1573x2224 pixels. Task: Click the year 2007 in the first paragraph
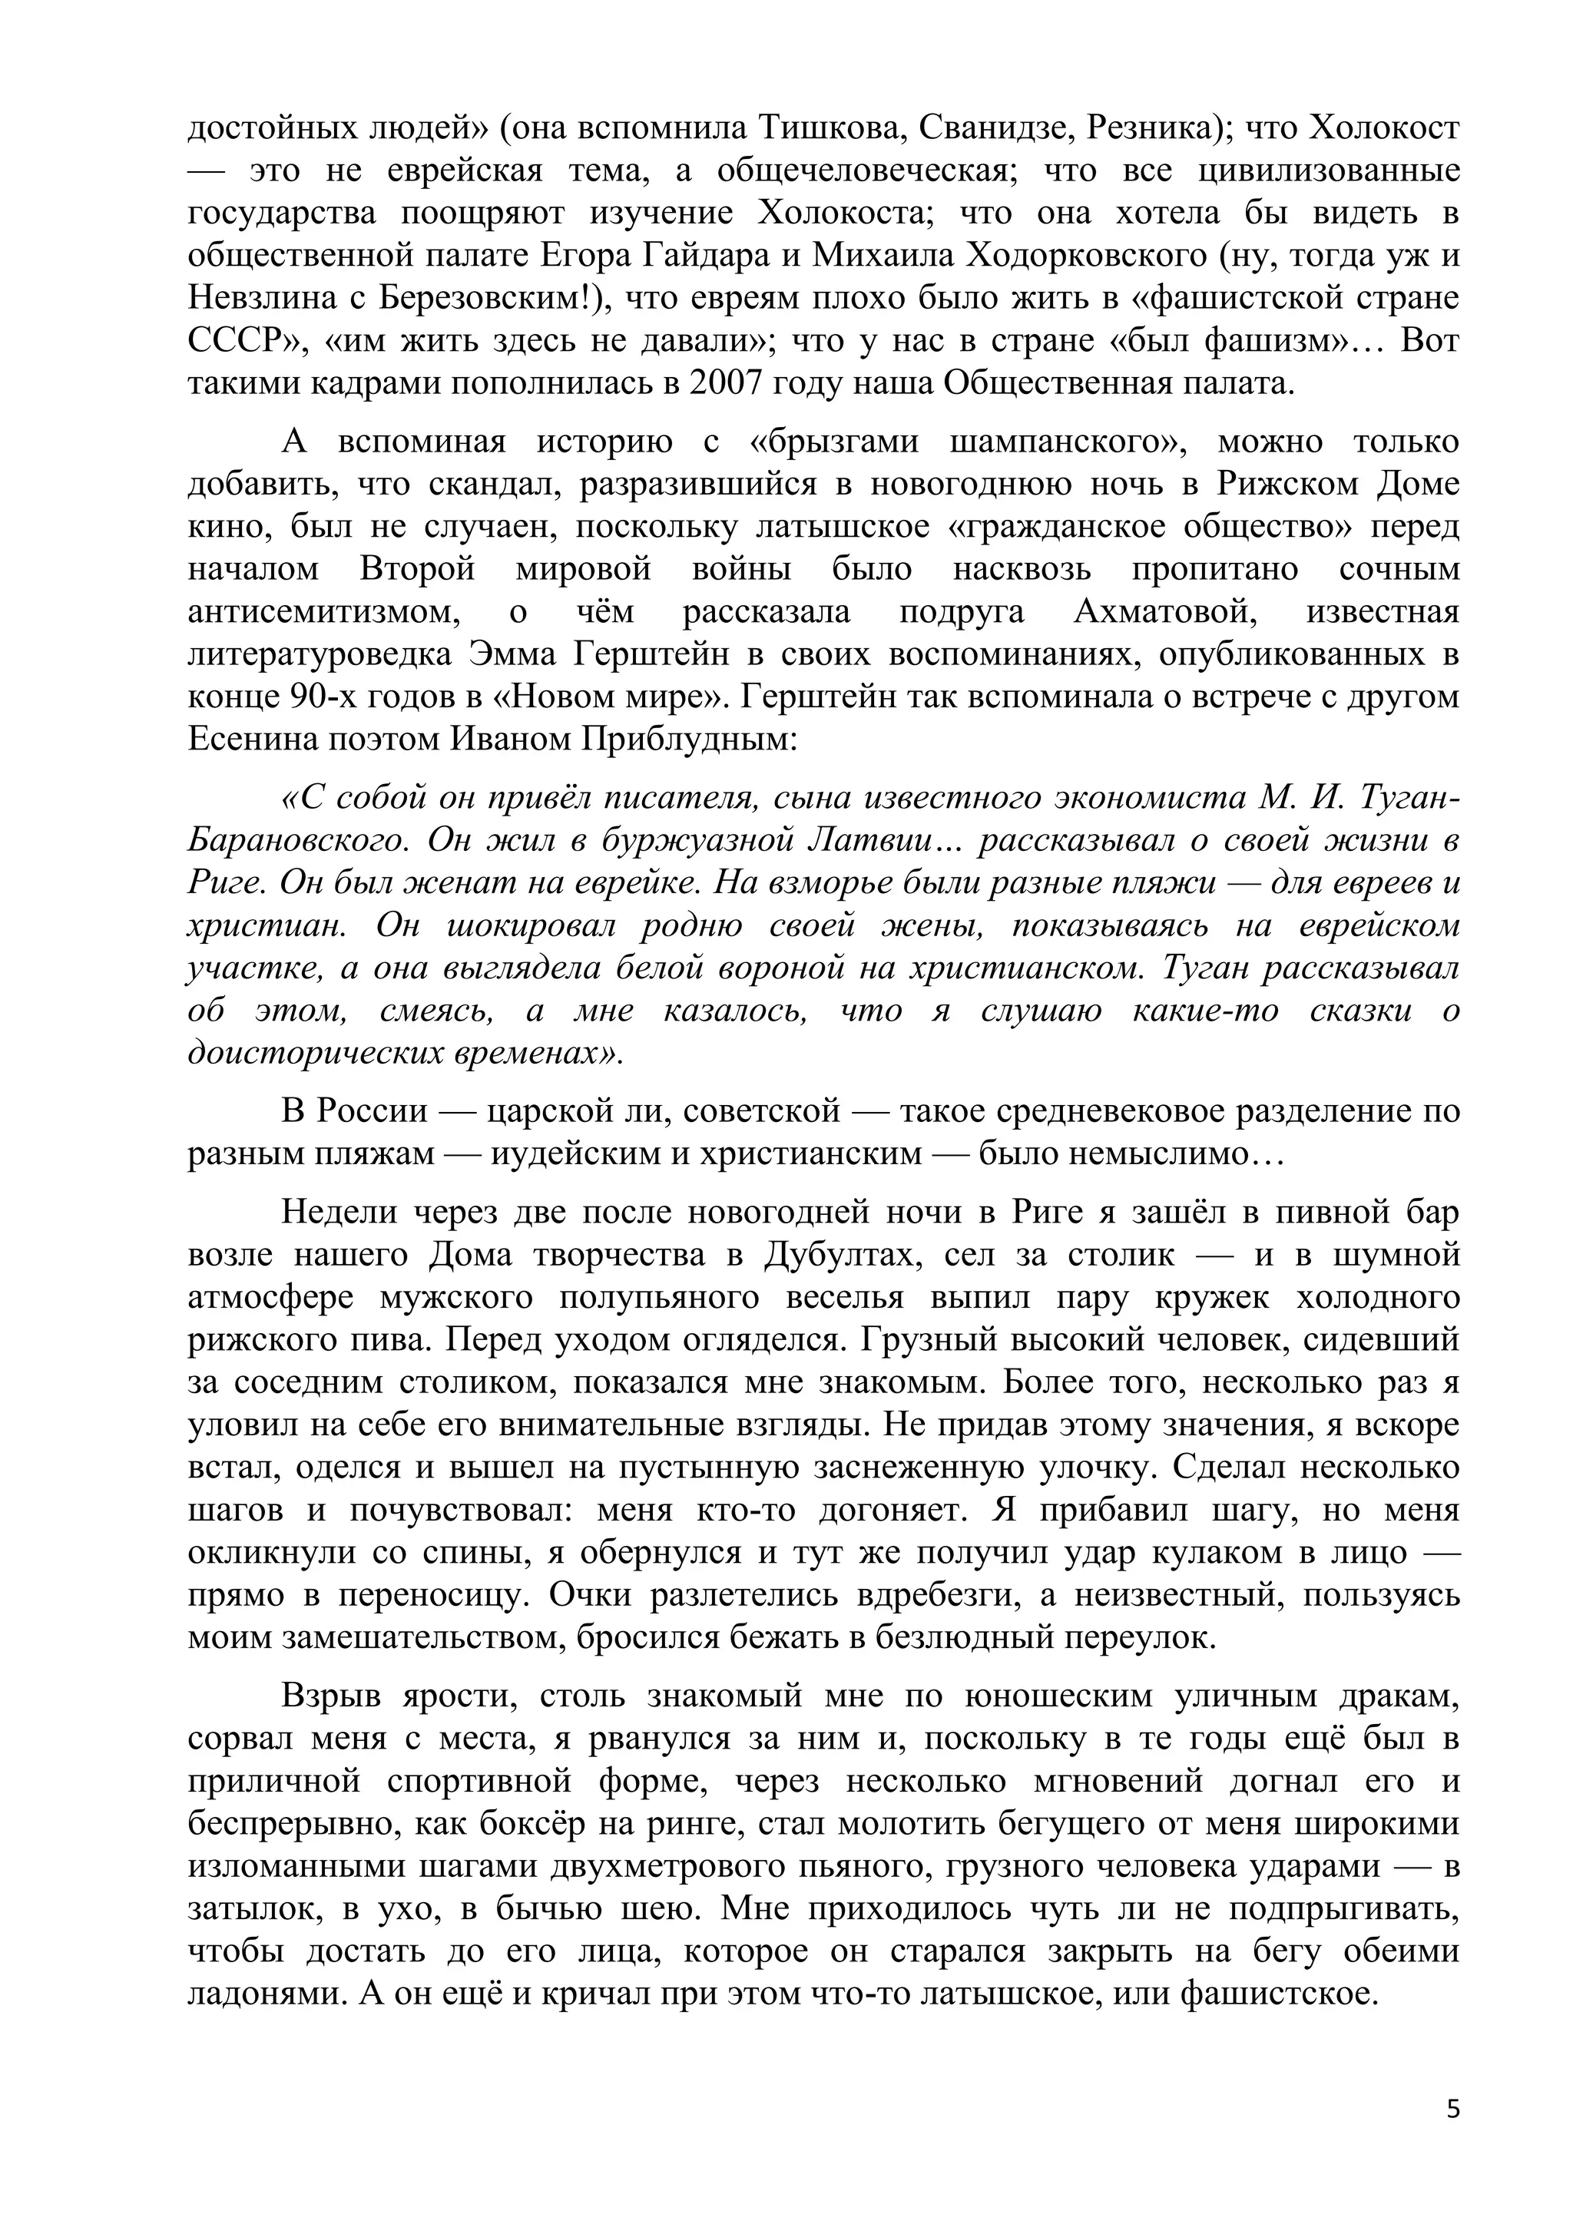coord(726,385)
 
